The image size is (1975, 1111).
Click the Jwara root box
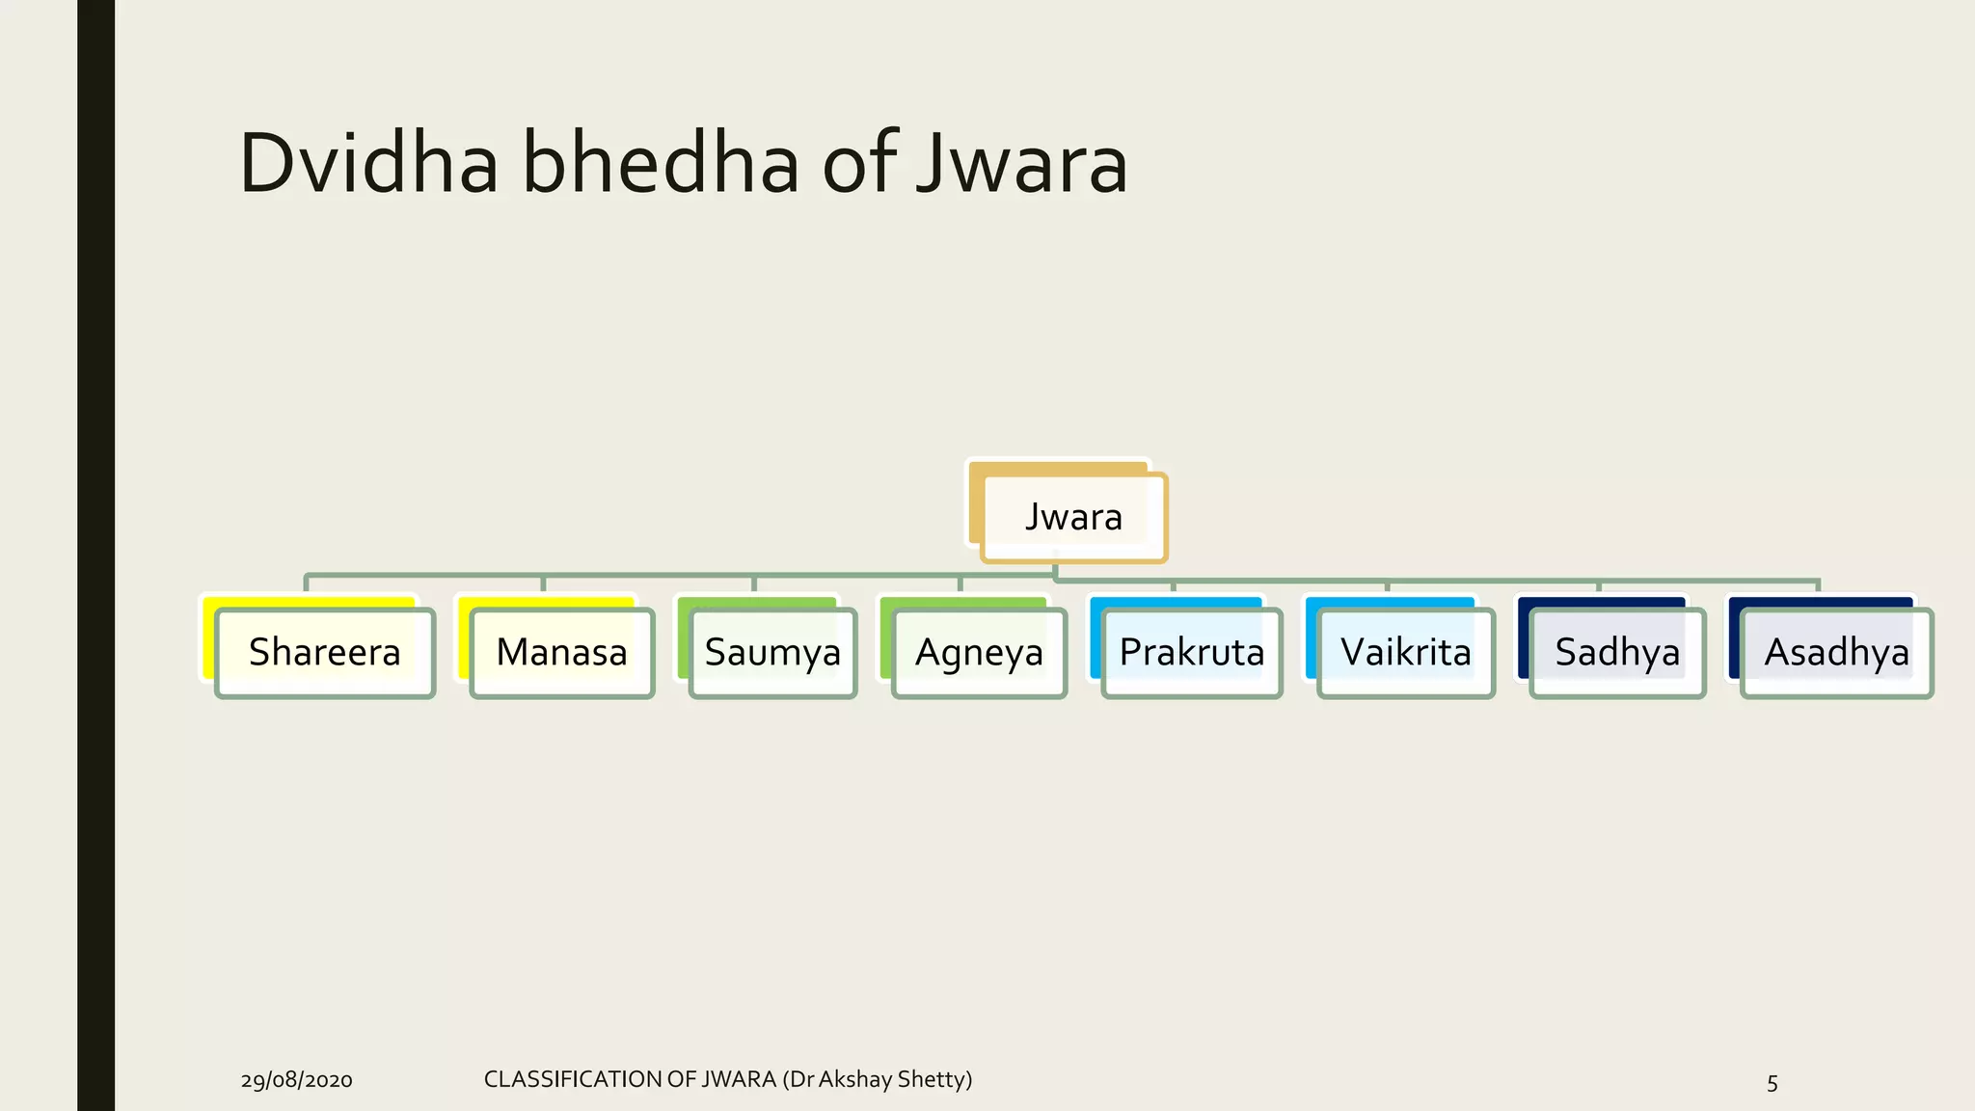[x=1073, y=517]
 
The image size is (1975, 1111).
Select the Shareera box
[x=325, y=653]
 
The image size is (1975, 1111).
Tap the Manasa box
[x=562, y=653]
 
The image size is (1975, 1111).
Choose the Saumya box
[x=773, y=653]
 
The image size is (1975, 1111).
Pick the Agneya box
[x=980, y=653]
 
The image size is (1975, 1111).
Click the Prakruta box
[x=1192, y=653]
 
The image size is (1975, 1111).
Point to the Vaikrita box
[x=1406, y=653]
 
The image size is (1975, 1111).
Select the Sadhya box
[x=1617, y=653]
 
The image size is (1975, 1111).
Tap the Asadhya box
[x=1837, y=653]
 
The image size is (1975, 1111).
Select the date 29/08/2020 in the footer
[x=297, y=1080]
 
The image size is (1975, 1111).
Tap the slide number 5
[x=1772, y=1082]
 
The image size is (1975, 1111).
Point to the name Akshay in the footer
[x=854, y=1079]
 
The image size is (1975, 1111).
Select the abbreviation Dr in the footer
[x=801, y=1079]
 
